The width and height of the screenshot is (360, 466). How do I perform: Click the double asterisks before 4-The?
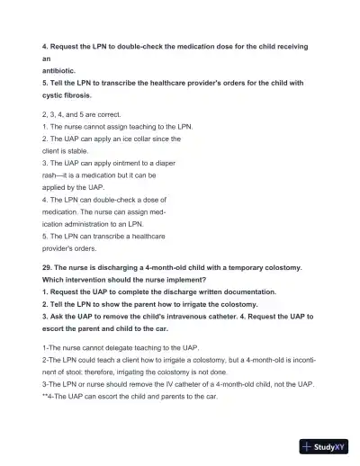coord(46,396)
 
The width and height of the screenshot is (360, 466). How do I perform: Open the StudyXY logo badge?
coord(324,445)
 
